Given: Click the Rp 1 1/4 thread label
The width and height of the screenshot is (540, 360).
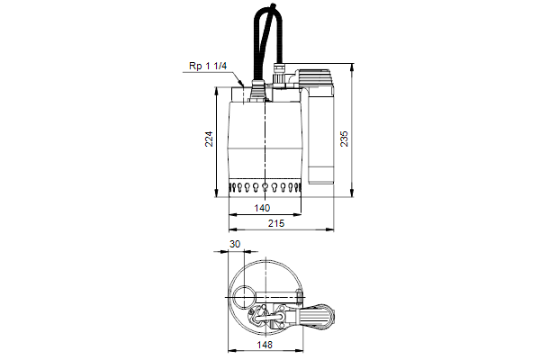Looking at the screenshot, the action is (x=208, y=66).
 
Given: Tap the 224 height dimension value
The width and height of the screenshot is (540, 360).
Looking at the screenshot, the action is (x=209, y=139).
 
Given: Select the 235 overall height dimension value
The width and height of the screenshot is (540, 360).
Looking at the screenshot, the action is (x=344, y=139).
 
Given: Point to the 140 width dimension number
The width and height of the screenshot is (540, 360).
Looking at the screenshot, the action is (x=262, y=208).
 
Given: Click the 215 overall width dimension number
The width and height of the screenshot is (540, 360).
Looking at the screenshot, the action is (x=276, y=223).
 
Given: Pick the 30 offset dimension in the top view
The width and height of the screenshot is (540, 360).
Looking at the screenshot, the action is (x=235, y=244).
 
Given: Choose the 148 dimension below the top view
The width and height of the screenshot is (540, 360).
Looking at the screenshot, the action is (x=265, y=345).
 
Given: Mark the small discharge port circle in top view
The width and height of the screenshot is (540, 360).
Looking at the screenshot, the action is (x=244, y=297).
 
